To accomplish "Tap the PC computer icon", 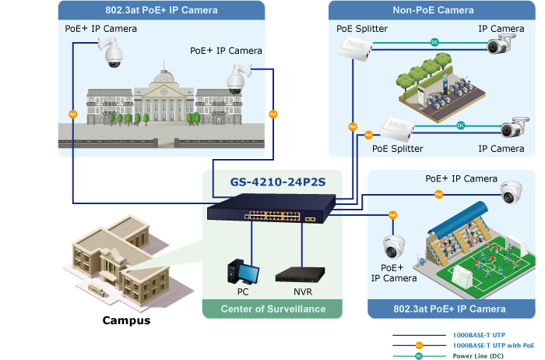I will point(243,272).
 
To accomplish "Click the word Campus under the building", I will point(126,320).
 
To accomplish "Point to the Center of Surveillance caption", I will point(272,309).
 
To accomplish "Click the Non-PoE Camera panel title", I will point(434,10).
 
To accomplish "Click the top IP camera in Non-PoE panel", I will point(501,45).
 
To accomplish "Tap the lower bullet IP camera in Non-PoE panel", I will point(514,128).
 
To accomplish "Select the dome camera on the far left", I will point(111,53).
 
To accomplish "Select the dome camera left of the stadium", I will point(392,247).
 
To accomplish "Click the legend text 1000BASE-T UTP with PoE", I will point(494,344).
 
